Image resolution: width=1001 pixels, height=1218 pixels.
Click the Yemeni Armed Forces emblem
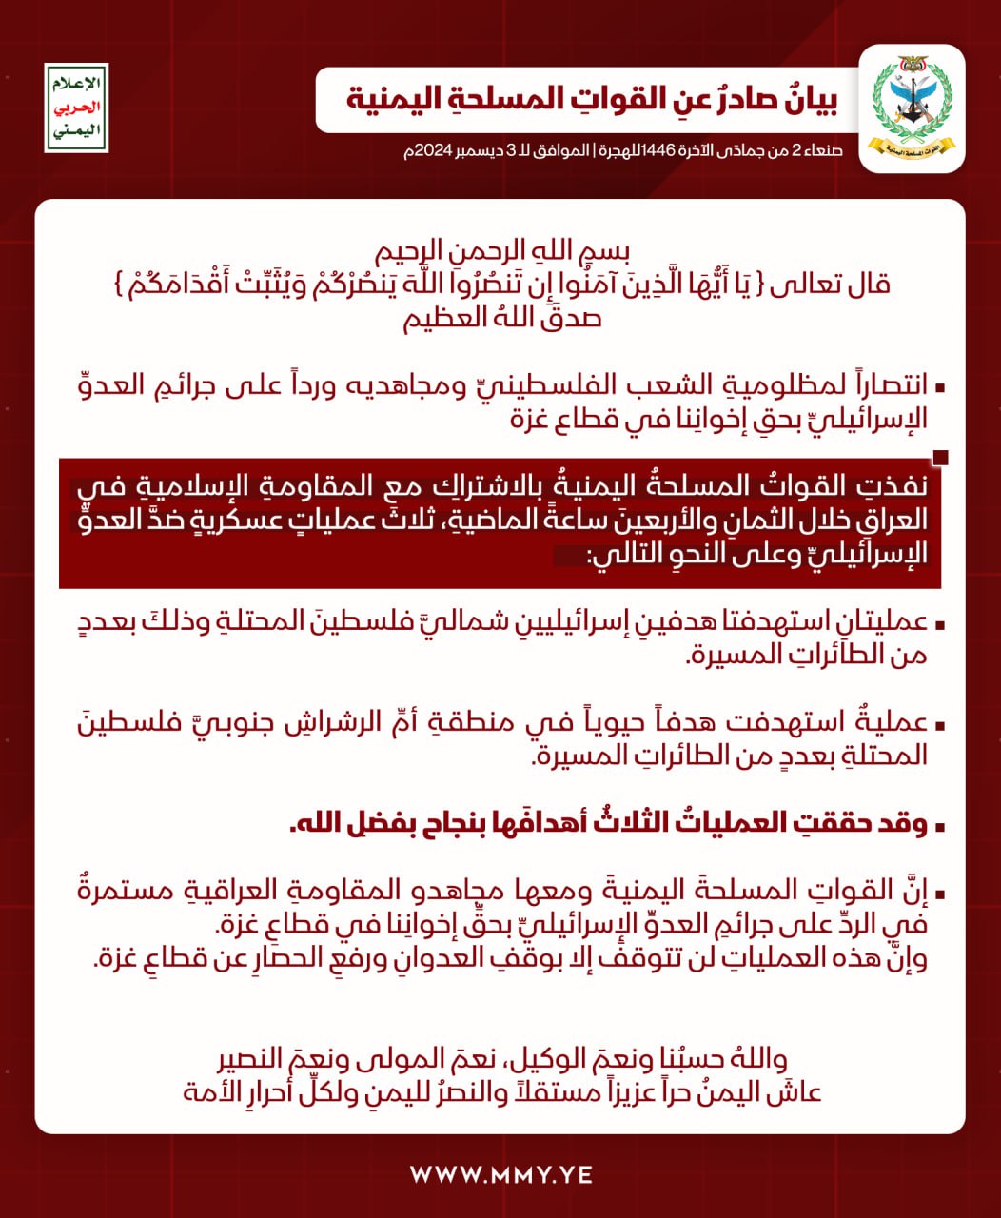tap(912, 108)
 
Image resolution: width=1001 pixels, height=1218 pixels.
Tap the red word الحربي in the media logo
tap(76, 108)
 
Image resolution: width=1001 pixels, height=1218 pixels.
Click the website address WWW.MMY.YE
tap(500, 1174)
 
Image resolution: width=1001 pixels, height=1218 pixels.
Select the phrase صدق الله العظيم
tap(501, 317)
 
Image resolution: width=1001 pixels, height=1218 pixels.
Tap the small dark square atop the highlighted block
tap(940, 458)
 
